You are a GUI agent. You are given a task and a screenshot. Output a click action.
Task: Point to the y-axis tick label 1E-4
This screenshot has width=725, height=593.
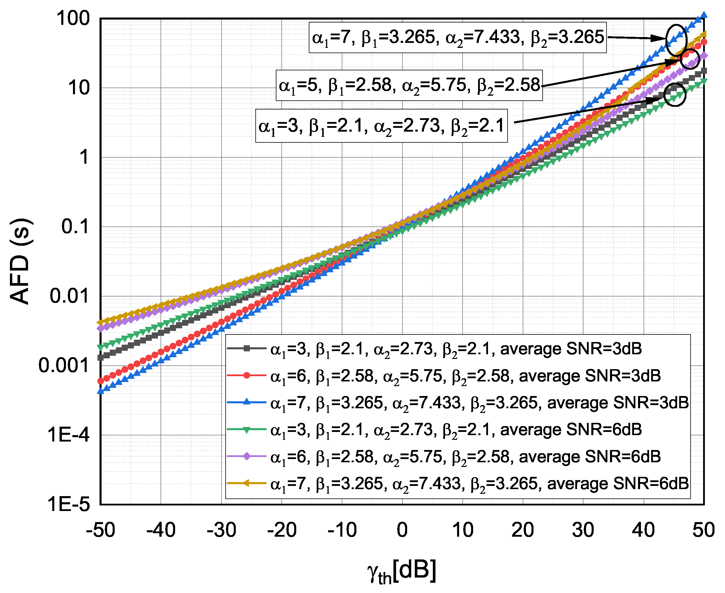point(68,435)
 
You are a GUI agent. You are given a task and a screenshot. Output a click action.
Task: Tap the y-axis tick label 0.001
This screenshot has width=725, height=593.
point(64,365)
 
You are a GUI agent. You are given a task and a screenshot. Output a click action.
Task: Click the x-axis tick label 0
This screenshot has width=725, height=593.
point(402,530)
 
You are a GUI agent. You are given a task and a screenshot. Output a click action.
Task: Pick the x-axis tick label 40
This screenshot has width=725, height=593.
point(643,530)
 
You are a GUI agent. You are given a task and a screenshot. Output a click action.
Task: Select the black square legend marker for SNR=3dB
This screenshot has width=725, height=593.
point(246,348)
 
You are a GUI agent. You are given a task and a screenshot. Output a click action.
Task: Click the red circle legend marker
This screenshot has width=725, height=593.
point(246,375)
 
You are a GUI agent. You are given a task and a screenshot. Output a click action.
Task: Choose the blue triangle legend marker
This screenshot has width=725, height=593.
point(246,402)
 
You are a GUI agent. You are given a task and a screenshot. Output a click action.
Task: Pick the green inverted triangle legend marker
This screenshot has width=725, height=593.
point(246,429)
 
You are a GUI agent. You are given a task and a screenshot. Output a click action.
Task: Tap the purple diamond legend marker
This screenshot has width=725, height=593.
point(246,456)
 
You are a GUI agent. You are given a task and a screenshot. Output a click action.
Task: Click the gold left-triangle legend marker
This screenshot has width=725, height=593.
point(246,483)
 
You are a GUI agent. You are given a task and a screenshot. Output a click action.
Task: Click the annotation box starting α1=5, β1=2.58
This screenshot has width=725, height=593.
point(409,86)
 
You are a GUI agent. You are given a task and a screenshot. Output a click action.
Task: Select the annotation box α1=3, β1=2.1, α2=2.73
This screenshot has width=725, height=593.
point(381,126)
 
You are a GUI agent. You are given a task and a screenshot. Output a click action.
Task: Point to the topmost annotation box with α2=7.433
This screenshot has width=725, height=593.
point(457,38)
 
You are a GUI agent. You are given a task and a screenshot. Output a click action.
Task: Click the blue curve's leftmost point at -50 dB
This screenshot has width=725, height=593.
point(100,391)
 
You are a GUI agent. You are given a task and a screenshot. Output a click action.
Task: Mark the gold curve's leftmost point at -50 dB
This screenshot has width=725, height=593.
point(100,322)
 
